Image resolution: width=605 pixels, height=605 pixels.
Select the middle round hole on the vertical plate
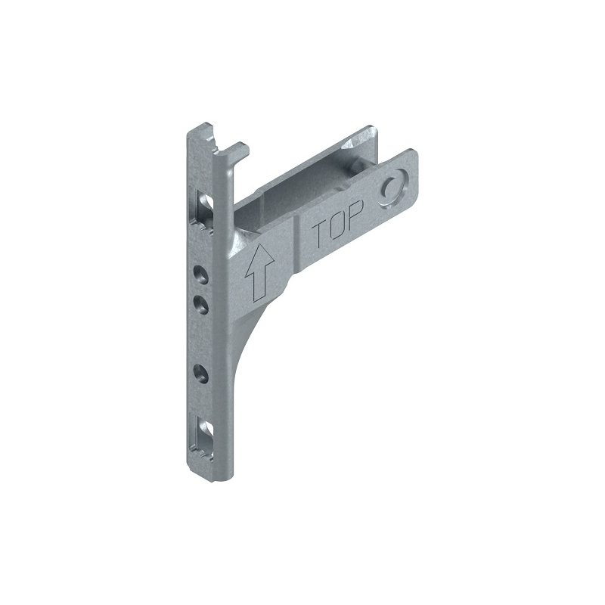coord(200,304)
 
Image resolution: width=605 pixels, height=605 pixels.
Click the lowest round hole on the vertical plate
coord(200,374)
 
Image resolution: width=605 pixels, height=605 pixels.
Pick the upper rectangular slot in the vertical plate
coord(204,212)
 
